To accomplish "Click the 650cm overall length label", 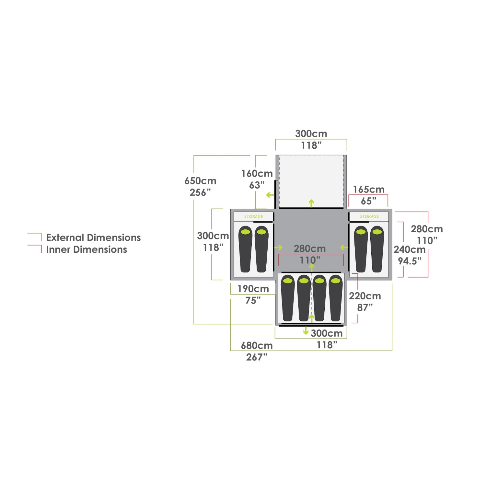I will pyautogui.click(x=200, y=181).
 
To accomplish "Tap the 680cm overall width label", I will pyautogui.click(x=257, y=345).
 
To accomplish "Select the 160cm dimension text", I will pyautogui.click(x=257, y=174).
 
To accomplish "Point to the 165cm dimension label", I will pyautogui.click(x=368, y=190).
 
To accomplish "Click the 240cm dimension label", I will pyautogui.click(x=410, y=249).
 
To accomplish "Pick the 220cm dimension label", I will pyautogui.click(x=365, y=296).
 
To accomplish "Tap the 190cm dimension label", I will pyautogui.click(x=253, y=289).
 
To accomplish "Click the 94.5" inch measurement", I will pyautogui.click(x=410, y=261).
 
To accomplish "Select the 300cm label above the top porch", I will pyautogui.click(x=311, y=134).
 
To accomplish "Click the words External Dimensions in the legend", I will pyautogui.click(x=93, y=237).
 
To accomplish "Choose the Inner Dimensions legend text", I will pyautogui.click(x=87, y=249).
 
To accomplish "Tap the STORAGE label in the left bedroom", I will pyautogui.click(x=253, y=216).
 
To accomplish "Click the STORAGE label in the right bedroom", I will pyautogui.click(x=369, y=216).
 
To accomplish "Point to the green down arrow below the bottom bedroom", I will pyautogui.click(x=306, y=331).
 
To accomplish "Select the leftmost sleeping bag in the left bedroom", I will pyautogui.click(x=245, y=249).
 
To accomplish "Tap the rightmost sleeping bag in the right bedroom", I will pyautogui.click(x=377, y=249).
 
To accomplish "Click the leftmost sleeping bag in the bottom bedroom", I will pyautogui.click(x=288, y=298).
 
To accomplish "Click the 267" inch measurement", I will pyautogui.click(x=257, y=357).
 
